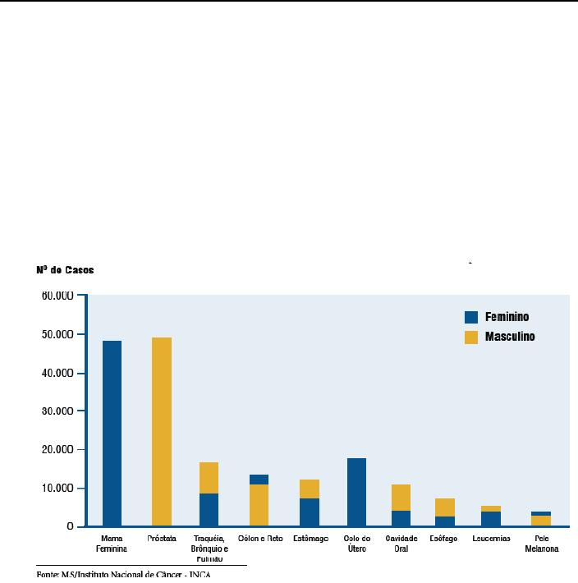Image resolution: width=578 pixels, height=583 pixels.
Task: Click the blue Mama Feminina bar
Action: point(112,433)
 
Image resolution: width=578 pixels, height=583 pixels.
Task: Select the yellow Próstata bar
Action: point(161,431)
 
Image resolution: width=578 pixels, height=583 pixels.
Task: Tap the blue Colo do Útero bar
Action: point(356,492)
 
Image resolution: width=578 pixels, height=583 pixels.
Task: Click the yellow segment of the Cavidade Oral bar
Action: point(401,498)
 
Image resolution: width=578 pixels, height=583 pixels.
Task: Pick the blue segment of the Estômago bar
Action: point(309,512)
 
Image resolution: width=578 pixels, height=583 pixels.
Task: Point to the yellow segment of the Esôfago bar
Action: point(444,507)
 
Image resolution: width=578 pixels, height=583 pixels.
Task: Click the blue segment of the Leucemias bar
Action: point(491,518)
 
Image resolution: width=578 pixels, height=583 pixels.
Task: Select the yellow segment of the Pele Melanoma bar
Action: point(540,521)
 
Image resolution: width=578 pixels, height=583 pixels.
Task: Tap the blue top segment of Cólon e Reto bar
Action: point(259,480)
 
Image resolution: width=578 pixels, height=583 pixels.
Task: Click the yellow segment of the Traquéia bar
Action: point(209,478)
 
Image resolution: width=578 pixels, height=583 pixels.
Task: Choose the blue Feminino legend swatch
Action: point(471,317)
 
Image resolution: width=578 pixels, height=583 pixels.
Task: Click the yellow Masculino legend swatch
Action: point(471,337)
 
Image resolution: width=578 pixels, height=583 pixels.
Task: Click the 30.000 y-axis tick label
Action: point(57,411)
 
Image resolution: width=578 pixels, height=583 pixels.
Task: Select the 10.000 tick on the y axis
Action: point(57,489)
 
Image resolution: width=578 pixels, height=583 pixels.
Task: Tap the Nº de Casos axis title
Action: point(65,269)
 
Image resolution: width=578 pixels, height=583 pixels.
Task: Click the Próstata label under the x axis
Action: point(161,539)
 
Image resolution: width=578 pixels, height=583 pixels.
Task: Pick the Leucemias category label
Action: point(491,539)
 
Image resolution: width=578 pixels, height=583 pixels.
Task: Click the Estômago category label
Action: point(310,539)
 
